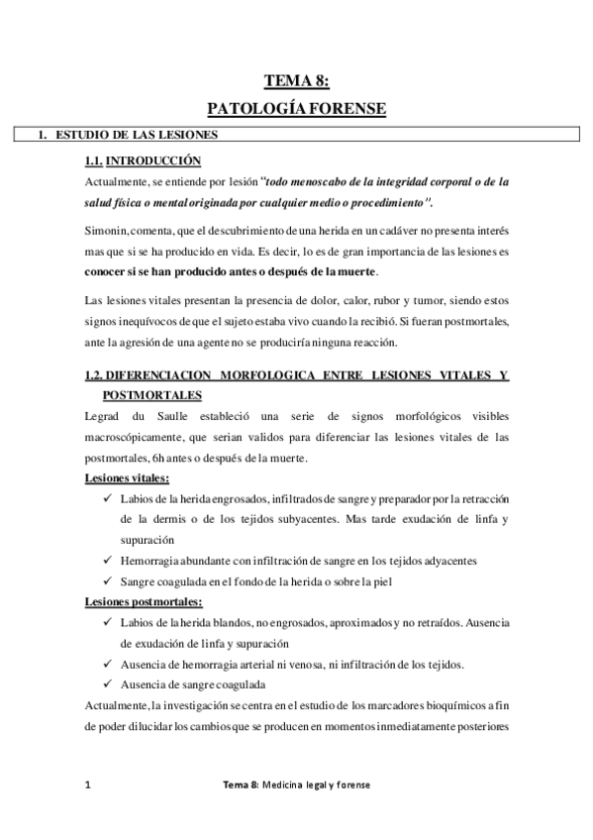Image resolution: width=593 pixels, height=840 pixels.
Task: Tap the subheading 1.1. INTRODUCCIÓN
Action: coord(143,159)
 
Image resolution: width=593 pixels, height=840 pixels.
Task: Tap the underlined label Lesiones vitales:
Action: coord(126,478)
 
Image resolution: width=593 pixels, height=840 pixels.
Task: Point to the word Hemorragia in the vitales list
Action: coord(149,561)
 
